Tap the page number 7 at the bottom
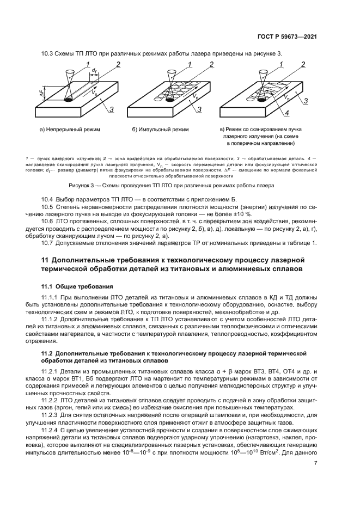(316, 463)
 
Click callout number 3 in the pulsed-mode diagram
(200, 109)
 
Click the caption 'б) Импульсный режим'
(160, 130)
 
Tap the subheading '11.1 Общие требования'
(77, 286)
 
